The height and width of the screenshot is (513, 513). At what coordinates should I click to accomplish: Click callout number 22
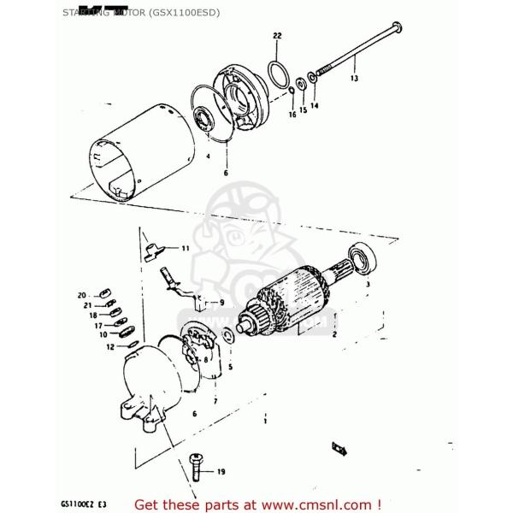pos(276,35)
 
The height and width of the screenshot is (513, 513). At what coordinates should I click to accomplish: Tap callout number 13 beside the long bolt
pos(354,79)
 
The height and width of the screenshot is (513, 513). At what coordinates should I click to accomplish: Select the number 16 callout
pos(292,113)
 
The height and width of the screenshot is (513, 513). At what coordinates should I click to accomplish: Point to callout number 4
pos(208,157)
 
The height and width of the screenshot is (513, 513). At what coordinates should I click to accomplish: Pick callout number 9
pos(221,303)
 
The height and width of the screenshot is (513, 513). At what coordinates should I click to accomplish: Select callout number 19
pos(221,471)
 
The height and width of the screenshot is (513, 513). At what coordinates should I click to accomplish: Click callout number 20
pos(82,292)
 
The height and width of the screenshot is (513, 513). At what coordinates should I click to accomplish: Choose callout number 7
pos(215,400)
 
